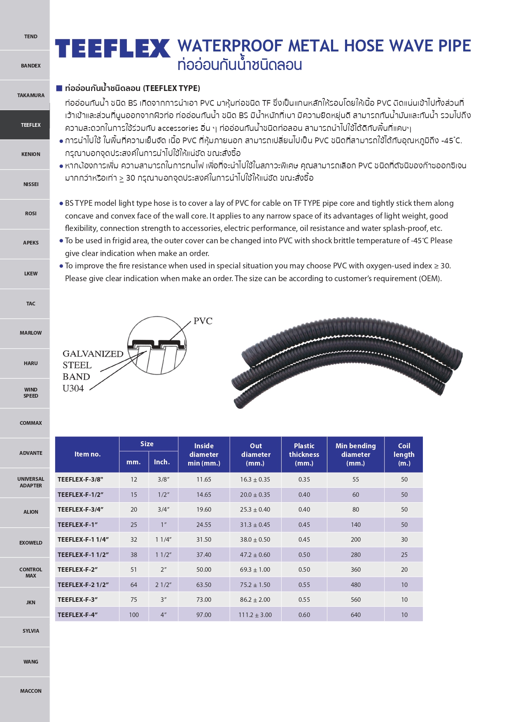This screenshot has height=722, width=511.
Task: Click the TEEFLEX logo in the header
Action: (x=112, y=48)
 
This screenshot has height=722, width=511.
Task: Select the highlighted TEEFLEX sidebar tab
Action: (x=30, y=125)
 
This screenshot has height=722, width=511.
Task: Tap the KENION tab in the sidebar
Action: (x=30, y=154)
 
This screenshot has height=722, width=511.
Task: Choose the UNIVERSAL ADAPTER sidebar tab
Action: (x=30, y=482)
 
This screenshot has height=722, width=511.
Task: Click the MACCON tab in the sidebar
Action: (x=30, y=691)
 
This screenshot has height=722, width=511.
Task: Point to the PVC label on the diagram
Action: (x=203, y=321)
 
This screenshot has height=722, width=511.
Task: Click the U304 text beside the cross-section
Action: (x=73, y=388)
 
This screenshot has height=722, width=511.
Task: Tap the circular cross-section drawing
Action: (x=157, y=345)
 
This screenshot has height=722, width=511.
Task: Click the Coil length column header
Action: (x=404, y=454)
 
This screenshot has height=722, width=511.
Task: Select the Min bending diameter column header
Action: (x=355, y=454)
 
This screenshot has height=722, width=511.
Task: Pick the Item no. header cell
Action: (x=87, y=454)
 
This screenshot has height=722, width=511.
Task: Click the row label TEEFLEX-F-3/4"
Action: (x=81, y=510)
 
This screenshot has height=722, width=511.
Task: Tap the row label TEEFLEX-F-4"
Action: (x=78, y=615)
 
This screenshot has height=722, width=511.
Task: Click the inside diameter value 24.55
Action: (x=204, y=525)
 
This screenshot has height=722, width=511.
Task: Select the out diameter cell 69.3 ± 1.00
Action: (x=255, y=570)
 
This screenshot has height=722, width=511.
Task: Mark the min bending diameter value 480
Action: (x=356, y=585)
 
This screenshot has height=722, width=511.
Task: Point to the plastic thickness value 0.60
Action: (x=304, y=615)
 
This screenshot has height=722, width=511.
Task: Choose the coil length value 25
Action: (x=404, y=555)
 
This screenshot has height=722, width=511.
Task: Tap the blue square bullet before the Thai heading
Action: (x=59, y=88)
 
